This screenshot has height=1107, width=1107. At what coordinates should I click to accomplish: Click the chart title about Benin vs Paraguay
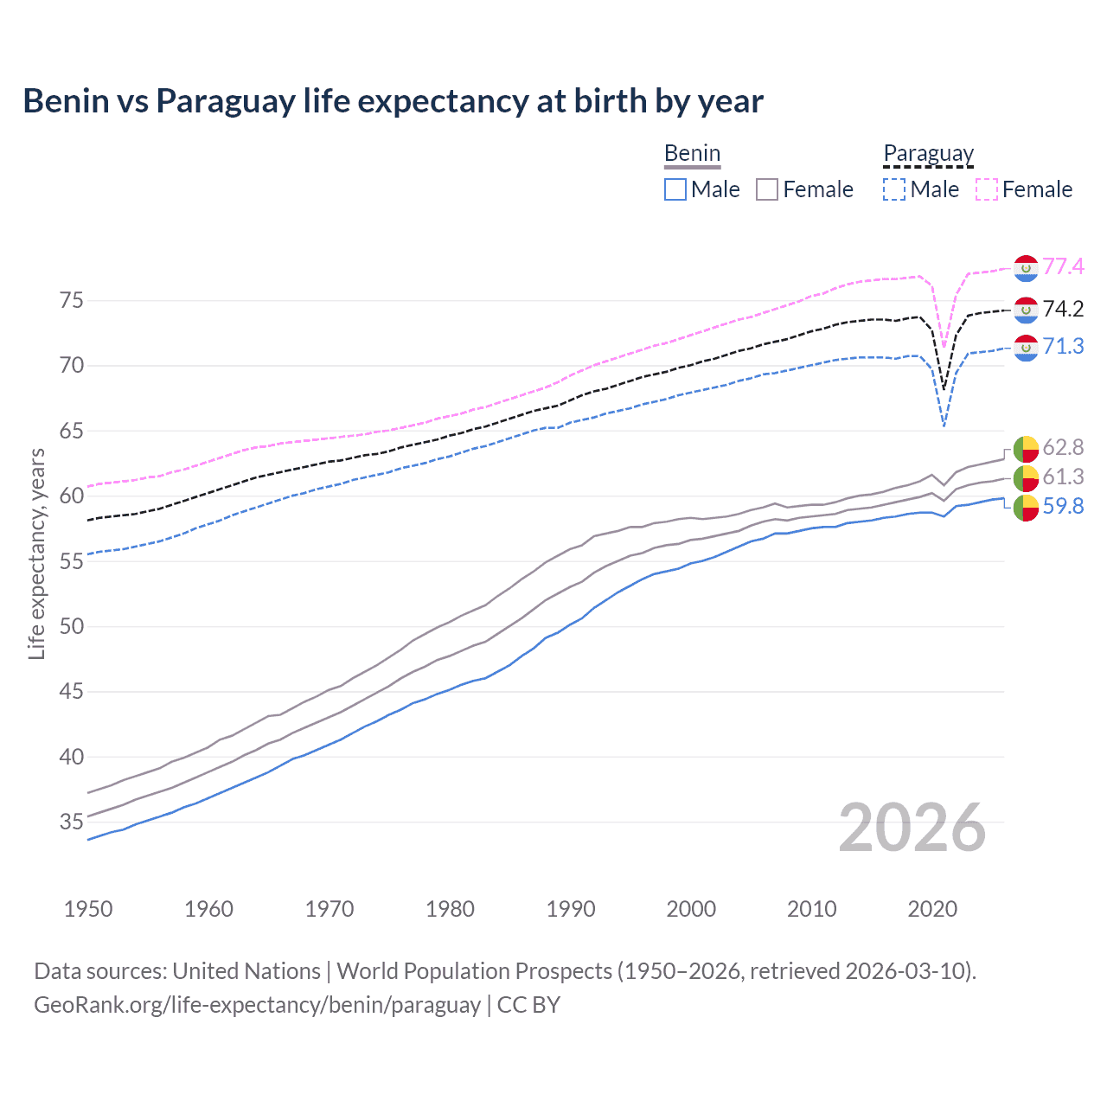pos(393,101)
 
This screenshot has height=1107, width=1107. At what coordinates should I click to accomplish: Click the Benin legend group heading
pos(692,154)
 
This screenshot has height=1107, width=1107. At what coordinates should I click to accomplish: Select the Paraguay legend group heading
pos(928,154)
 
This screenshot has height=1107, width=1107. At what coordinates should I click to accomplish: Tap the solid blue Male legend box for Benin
pos(675,189)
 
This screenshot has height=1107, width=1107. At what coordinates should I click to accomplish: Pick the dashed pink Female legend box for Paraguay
pos(987,189)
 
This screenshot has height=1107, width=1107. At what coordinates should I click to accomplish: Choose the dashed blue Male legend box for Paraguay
pos(894,189)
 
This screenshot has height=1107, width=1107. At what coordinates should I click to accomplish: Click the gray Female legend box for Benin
pos(767,189)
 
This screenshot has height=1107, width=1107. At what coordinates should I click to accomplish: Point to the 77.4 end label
pos(1063,266)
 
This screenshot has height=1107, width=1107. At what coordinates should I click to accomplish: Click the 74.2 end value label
pos(1063,309)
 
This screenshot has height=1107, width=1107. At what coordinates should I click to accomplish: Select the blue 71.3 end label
pos(1063,346)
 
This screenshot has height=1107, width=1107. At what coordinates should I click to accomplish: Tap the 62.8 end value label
pos(1063,447)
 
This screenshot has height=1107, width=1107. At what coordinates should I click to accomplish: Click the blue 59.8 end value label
pos(1063,506)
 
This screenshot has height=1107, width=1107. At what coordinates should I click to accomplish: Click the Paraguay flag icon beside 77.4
pos(1026,268)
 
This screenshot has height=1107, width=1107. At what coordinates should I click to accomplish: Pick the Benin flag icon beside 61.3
pos(1026,477)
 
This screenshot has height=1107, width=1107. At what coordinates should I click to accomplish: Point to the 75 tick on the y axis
pos(72,301)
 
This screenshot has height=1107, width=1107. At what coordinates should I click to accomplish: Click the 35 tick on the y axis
pos(72,822)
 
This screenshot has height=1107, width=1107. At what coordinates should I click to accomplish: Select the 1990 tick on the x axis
pos(571,909)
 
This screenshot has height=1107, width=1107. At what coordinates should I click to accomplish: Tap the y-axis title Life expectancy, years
pos(36,553)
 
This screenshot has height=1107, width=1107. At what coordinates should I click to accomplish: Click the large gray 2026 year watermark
pos(912,828)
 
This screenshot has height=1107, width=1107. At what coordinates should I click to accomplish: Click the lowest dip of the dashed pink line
pos(944,348)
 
